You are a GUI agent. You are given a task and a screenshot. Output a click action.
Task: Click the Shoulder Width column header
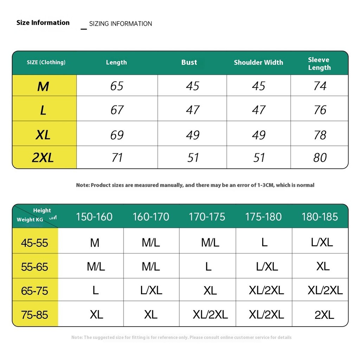(258, 63)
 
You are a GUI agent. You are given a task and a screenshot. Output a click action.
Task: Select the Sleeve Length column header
(319, 64)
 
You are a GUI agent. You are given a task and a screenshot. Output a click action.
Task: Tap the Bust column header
(189, 63)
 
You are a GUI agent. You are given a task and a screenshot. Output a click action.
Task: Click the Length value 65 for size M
(117, 86)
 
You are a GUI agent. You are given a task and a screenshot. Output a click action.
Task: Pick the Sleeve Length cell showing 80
(320, 157)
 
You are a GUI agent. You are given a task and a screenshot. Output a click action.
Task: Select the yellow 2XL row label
(43, 158)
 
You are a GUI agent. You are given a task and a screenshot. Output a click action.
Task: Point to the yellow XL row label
(43, 135)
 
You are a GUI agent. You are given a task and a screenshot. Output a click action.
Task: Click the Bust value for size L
(193, 110)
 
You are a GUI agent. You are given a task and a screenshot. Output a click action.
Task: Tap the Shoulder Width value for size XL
(259, 135)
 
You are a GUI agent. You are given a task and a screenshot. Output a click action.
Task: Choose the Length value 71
(117, 157)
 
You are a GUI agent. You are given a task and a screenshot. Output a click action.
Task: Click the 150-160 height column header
(94, 217)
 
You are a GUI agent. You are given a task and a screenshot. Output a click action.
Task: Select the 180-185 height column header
(320, 217)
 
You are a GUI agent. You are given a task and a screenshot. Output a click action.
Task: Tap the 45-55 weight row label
(34, 243)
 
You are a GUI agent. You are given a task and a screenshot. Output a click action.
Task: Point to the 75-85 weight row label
(34, 315)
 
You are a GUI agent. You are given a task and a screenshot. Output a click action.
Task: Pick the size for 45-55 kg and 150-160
(95, 243)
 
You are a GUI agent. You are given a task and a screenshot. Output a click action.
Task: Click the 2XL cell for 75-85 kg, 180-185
(324, 315)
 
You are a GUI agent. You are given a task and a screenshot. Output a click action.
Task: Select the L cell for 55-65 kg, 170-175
(208, 267)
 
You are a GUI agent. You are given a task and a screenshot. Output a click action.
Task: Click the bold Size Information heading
(43, 23)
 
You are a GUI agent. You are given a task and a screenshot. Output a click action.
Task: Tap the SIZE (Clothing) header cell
(46, 63)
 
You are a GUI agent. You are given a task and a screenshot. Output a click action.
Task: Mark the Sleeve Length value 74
(320, 86)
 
